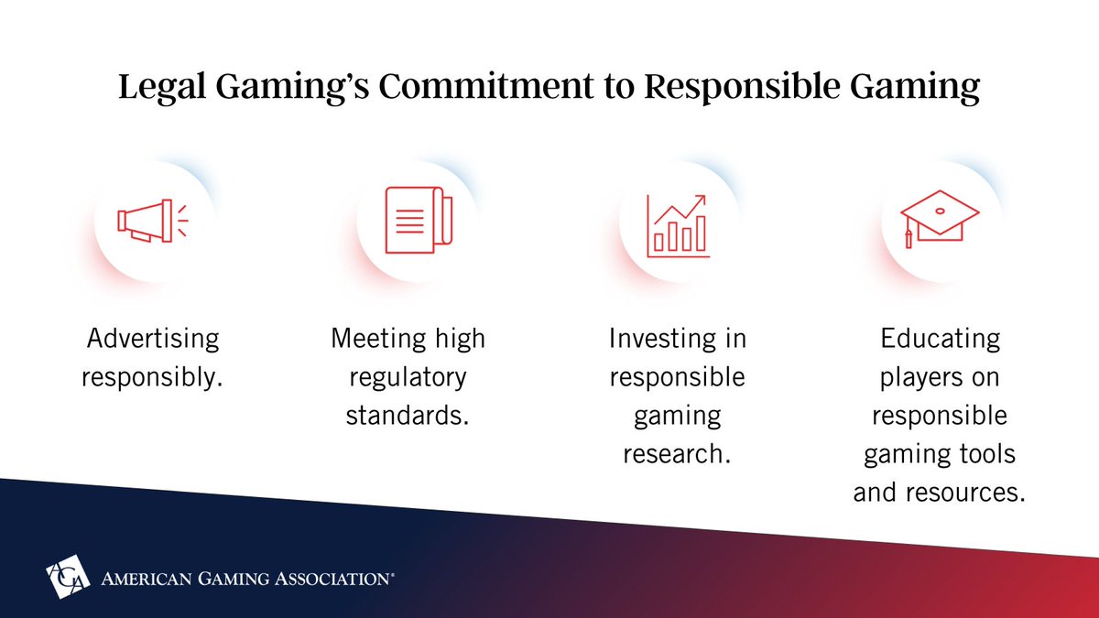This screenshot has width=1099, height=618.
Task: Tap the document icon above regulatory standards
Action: (x=414, y=222)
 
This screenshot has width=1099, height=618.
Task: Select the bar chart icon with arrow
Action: (x=678, y=225)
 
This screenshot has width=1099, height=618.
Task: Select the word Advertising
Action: (x=153, y=339)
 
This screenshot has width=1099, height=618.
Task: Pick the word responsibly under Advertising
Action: (x=152, y=377)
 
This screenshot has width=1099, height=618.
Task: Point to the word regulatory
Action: (x=408, y=377)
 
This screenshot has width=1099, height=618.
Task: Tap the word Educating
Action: (x=939, y=339)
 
